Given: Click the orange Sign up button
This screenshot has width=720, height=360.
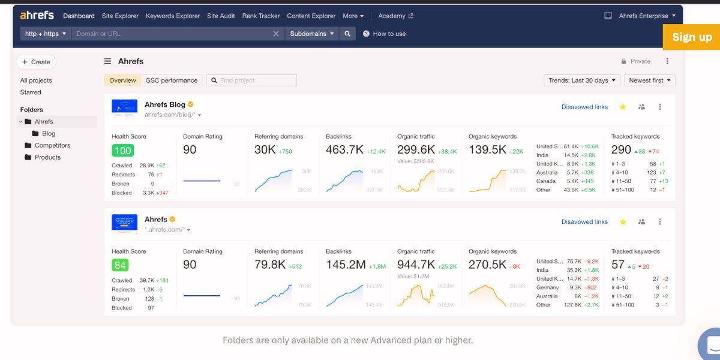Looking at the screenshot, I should coord(692,37).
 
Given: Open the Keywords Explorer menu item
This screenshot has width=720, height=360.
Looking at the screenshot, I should coord(173,16).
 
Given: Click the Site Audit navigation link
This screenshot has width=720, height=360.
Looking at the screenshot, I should coord(221,16).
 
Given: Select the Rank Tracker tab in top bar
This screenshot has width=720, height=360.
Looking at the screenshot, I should coord(261,16).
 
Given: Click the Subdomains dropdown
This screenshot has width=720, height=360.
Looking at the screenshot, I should coord(312,34).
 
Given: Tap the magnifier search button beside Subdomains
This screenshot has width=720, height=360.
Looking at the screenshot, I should coord(347,34).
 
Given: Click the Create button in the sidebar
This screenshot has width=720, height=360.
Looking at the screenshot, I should coord(36,62).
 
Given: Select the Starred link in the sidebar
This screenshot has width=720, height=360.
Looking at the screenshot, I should coord(31,92).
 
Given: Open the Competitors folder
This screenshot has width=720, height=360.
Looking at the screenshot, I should coord(52,145).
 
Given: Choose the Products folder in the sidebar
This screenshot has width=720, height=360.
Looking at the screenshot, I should coord(47,157).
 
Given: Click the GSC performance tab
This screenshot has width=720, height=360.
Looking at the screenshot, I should coord(171,80).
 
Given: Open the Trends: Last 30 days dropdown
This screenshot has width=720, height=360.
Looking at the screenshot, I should coord(581,80).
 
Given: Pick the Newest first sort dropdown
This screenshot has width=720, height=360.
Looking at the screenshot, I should coord(650,80).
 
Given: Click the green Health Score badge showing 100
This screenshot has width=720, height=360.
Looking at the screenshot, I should coord(122,151).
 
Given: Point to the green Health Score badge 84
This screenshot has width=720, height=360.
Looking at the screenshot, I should coord(120,265).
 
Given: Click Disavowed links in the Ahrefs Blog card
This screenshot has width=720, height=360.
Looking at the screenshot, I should coord(584,107).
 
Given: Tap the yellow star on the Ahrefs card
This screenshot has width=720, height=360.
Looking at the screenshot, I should coord(623,222).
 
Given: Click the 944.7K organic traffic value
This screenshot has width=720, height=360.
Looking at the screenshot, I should coord(416,265).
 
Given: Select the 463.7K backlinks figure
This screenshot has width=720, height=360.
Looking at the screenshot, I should coord(344,150).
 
